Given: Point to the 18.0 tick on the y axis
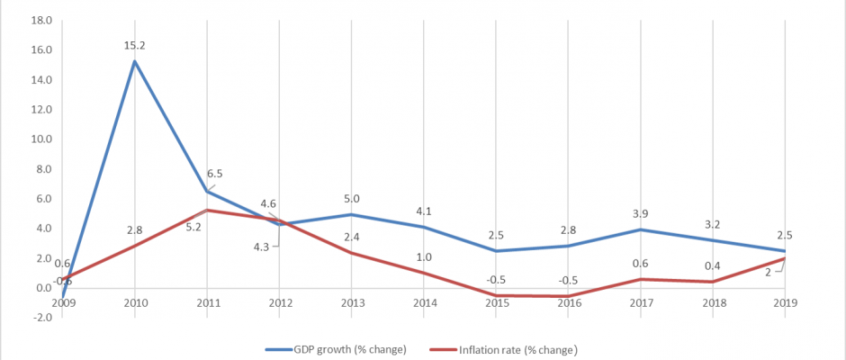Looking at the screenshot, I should click(x=40, y=21).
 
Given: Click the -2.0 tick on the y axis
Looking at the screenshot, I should click(x=40, y=318).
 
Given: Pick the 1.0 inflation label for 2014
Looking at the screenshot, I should click(x=424, y=256).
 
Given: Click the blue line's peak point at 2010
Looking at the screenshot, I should click(x=135, y=61).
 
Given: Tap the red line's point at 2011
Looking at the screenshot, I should click(x=208, y=211).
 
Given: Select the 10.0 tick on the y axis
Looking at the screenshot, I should click(x=40, y=139).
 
